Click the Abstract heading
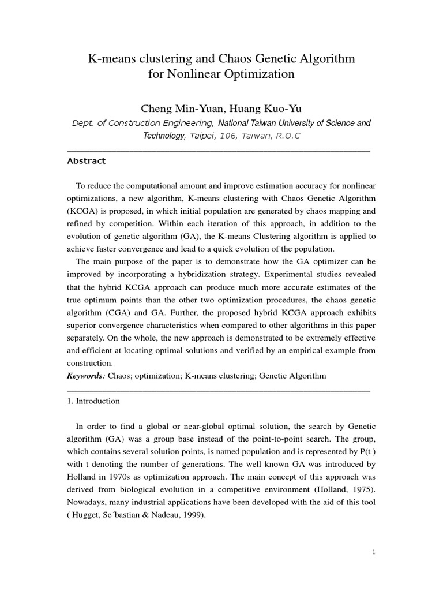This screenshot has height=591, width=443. [x=87, y=161]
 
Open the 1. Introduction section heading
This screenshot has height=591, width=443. [x=93, y=401]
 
